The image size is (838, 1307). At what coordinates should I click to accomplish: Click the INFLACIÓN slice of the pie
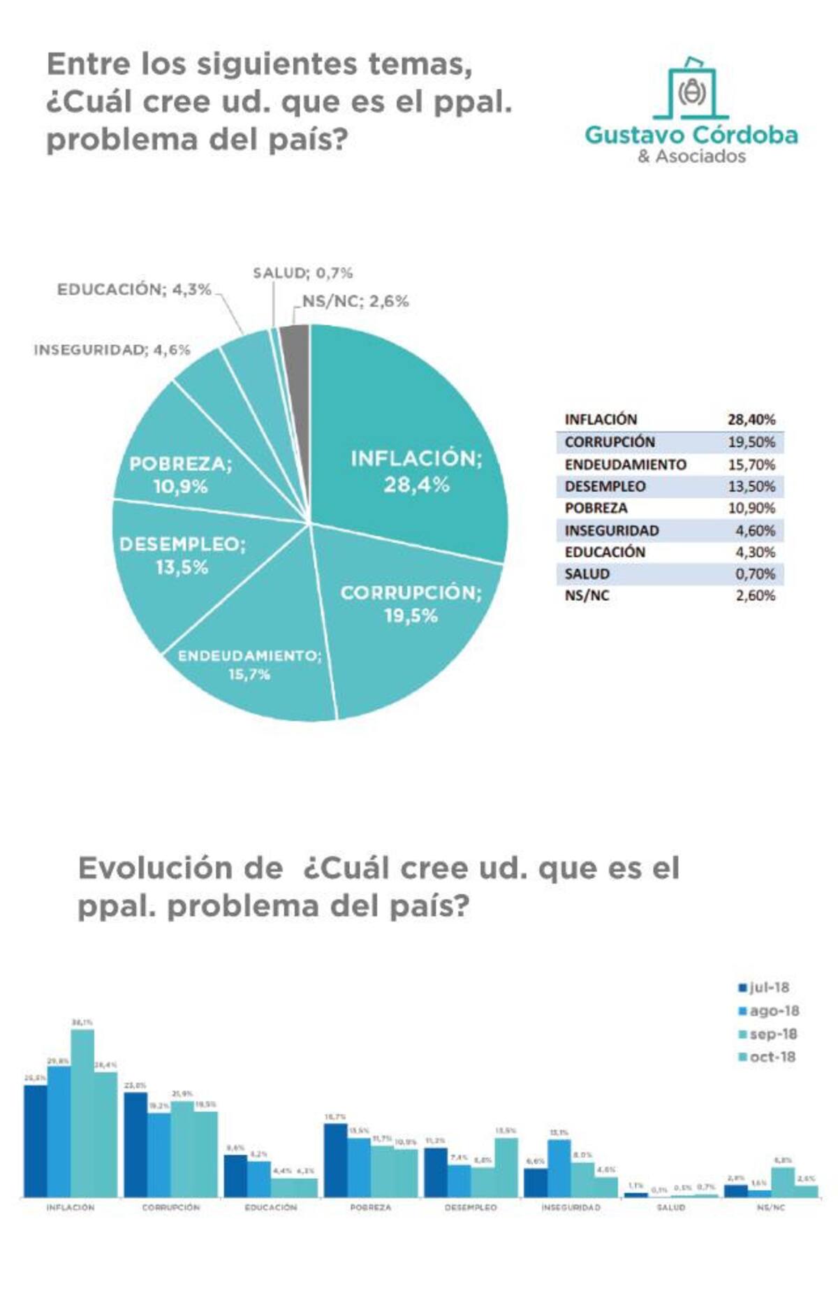tap(412, 447)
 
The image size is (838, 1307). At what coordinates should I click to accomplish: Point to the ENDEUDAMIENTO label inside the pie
tap(249, 657)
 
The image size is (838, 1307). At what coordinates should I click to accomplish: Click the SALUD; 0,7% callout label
tap(302, 273)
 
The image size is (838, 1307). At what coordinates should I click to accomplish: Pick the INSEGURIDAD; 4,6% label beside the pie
tap(112, 350)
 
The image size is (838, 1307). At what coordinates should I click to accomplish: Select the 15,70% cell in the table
tap(751, 465)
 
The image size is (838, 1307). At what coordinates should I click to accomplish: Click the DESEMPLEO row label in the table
tap(605, 486)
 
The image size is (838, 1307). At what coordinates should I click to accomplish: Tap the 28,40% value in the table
tap(751, 420)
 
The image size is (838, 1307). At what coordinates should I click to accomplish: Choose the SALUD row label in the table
tap(587, 574)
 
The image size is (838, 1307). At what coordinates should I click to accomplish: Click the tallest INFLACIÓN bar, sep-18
tap(82, 1118)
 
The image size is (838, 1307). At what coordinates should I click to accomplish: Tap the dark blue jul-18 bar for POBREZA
tap(336, 1162)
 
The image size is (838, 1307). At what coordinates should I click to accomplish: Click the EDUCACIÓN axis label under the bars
tap(270, 1207)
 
